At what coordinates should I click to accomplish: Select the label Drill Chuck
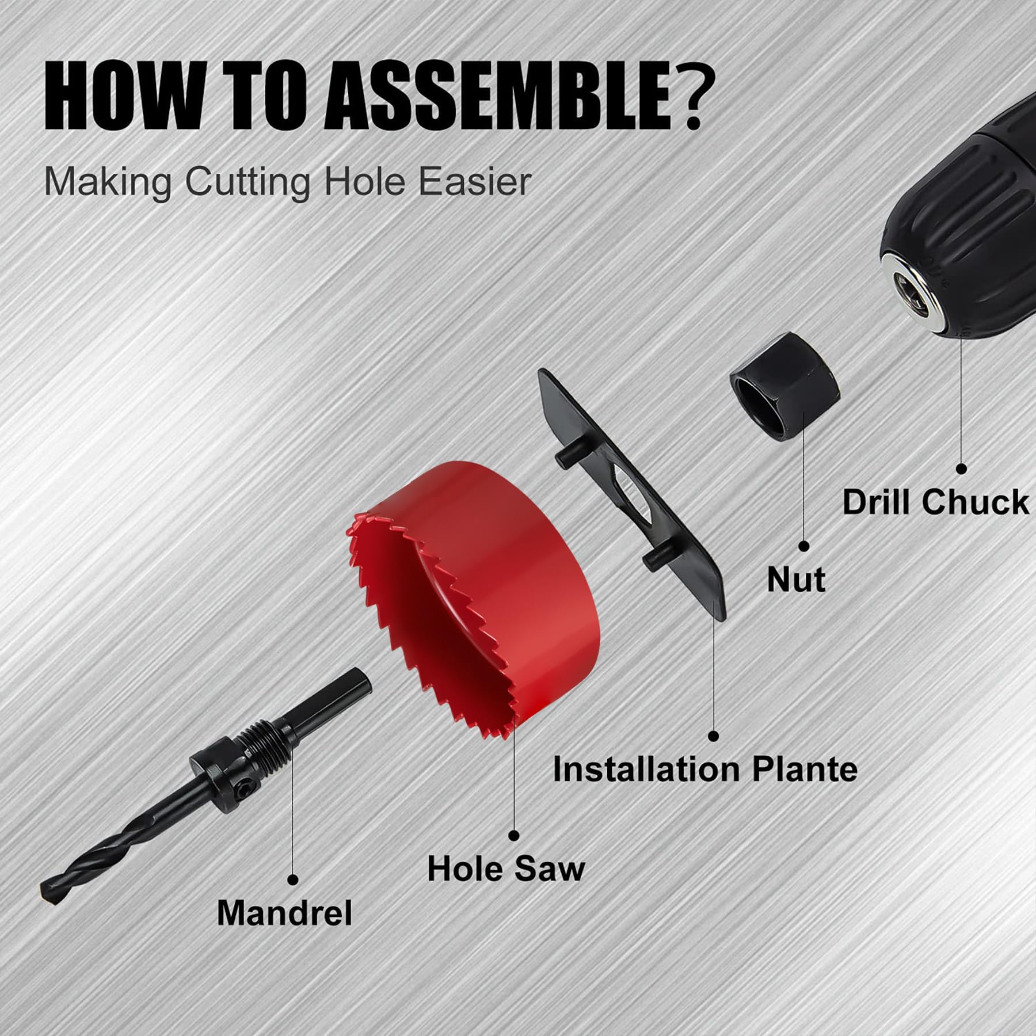tap(935, 501)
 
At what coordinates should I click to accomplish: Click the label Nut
tap(796, 580)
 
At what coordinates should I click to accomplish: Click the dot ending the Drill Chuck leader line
tap(961, 469)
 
